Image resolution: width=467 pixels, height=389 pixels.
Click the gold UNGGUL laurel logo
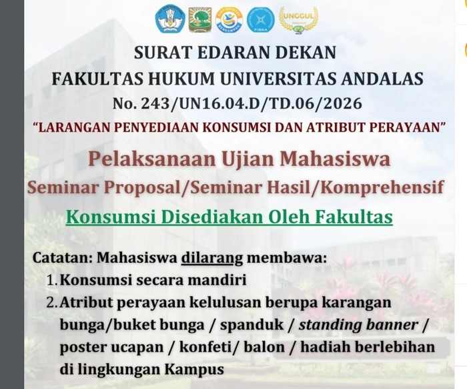(x=295, y=19)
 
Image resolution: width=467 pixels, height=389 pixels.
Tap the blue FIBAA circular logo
(x=260, y=20)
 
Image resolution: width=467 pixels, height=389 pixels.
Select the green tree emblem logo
(x=199, y=20)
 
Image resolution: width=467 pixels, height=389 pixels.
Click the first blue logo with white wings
(x=169, y=20)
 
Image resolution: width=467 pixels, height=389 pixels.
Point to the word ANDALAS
(x=382, y=79)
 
